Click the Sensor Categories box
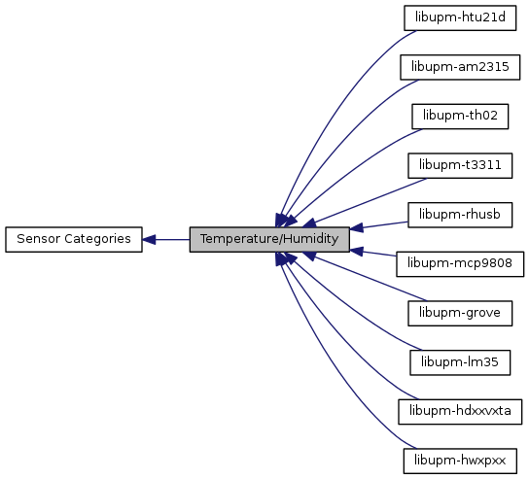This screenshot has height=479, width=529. pyautogui.click(x=74, y=239)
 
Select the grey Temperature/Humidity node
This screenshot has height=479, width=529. pyautogui.click(x=269, y=239)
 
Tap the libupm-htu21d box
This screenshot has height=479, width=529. pyautogui.click(x=460, y=17)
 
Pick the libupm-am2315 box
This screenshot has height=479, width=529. pyautogui.click(x=460, y=67)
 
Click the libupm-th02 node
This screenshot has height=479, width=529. pyautogui.click(x=460, y=117)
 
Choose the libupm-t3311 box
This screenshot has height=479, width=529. pyautogui.click(x=460, y=165)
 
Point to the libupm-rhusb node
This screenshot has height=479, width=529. pyautogui.click(x=460, y=215)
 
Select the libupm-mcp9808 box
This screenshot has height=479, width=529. pyautogui.click(x=460, y=264)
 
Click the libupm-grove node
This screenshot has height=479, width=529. pyautogui.click(x=460, y=313)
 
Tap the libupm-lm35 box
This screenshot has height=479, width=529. pyautogui.click(x=460, y=362)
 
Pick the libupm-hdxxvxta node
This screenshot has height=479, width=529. pyautogui.click(x=460, y=412)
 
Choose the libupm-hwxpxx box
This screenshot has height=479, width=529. pyautogui.click(x=460, y=461)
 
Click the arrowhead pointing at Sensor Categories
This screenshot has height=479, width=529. pyautogui.click(x=149, y=240)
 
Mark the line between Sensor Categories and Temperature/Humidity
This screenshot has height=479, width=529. pyautogui.click(x=165, y=240)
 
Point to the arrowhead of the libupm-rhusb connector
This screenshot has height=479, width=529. pyautogui.click(x=356, y=228)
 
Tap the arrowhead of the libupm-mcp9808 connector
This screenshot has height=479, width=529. pyautogui.click(x=356, y=251)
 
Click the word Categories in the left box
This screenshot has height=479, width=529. pyautogui.click(x=97, y=239)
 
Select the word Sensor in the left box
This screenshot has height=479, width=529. pyautogui.click(x=39, y=239)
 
